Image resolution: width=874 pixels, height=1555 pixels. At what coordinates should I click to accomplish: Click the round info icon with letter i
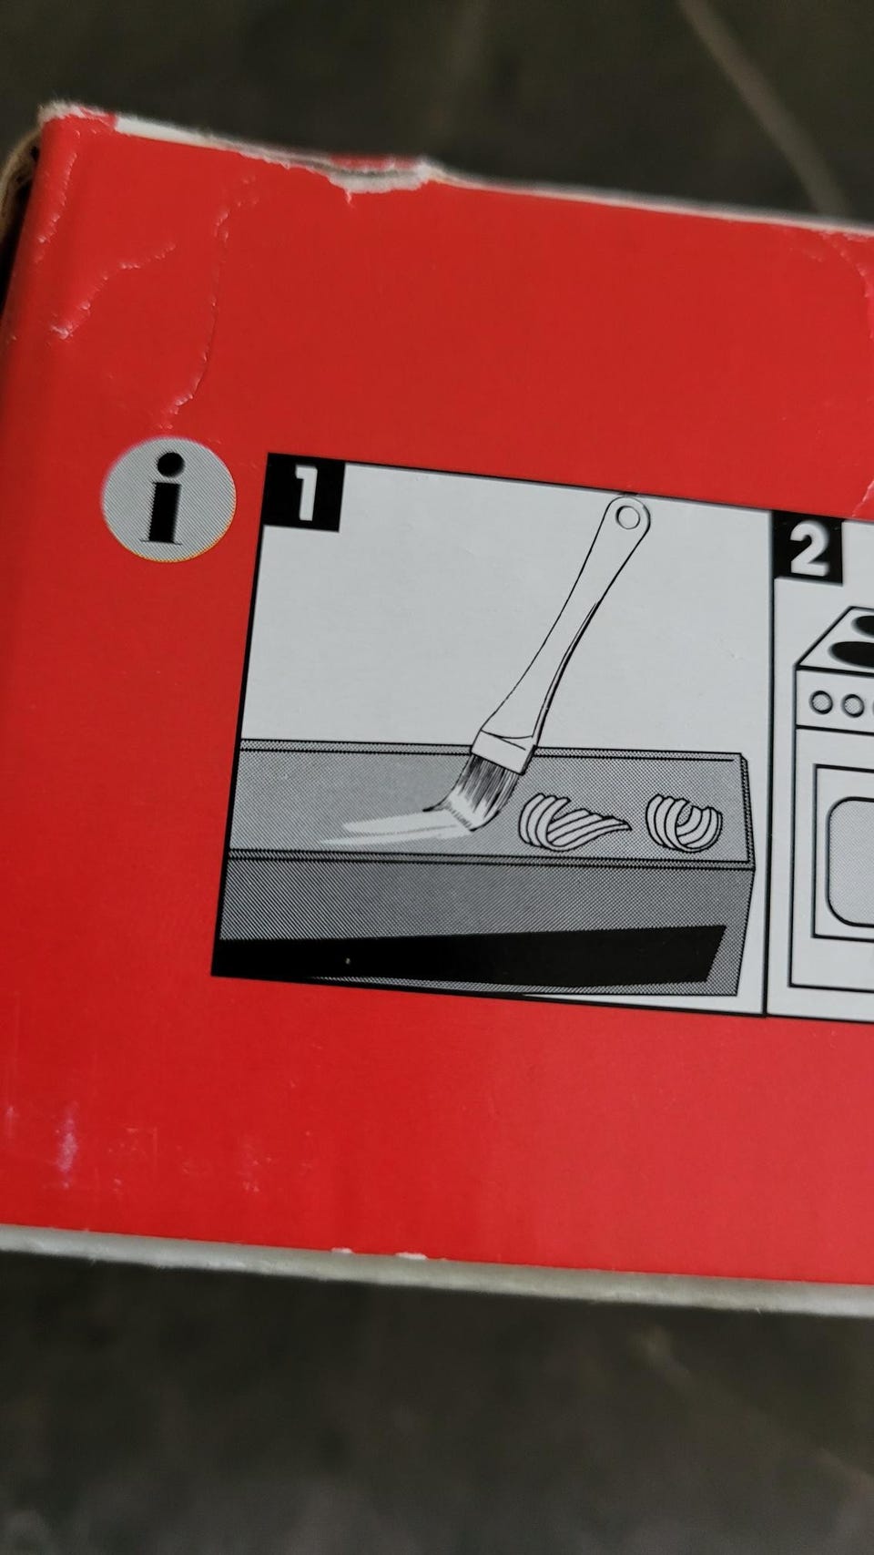(168, 499)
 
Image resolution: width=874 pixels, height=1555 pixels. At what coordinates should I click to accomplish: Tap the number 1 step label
(304, 492)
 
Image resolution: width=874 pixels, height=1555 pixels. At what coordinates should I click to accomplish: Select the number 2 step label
(808, 548)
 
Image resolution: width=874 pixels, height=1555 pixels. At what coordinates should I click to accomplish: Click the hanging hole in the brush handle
(628, 517)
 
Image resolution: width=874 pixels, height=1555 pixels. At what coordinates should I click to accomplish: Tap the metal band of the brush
(505, 748)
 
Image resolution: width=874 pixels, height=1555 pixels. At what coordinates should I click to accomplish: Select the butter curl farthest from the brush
(684, 823)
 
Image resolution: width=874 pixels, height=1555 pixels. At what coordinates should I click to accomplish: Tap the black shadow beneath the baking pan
(472, 955)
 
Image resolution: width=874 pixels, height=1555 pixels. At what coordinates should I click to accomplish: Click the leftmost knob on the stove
(821, 701)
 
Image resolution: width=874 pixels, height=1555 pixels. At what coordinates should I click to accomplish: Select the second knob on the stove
(852, 705)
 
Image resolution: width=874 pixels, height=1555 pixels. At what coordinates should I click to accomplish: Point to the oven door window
(852, 862)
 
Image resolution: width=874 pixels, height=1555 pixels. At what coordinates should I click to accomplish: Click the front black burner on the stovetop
(850, 652)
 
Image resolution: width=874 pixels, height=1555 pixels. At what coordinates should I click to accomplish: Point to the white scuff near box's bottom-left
(68, 1144)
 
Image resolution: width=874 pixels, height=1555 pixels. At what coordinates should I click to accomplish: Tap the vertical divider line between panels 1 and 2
(770, 763)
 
